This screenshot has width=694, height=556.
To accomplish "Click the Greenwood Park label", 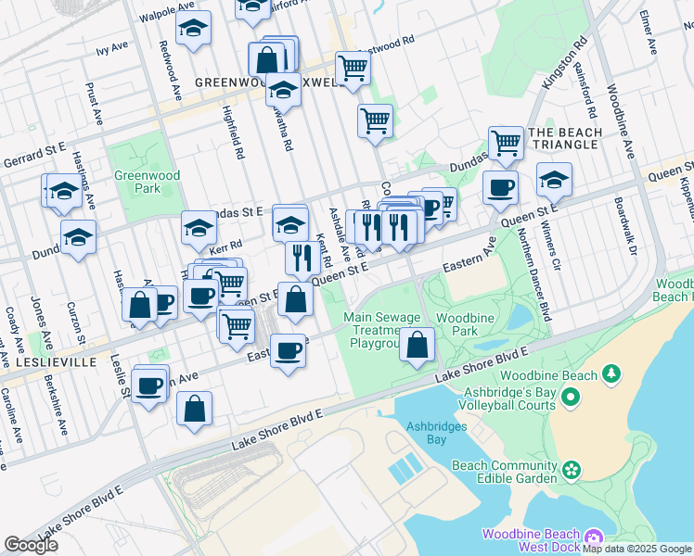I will click(x=137, y=182).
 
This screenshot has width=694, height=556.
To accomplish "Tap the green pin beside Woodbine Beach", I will click(x=610, y=373).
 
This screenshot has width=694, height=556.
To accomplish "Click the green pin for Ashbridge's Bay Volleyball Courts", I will click(x=570, y=398).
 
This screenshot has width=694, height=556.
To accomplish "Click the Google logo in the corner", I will click(x=32, y=545).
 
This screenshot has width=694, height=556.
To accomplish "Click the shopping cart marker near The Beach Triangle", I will click(x=506, y=143).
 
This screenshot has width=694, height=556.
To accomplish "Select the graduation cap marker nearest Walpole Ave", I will click(x=193, y=29).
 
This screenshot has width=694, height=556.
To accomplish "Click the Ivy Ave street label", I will click(x=112, y=47).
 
